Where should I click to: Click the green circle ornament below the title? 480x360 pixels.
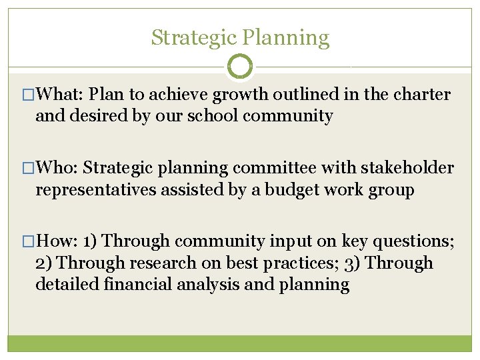pyautogui.click(x=240, y=67)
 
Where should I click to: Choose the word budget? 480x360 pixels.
pyautogui.click(x=296, y=190)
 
